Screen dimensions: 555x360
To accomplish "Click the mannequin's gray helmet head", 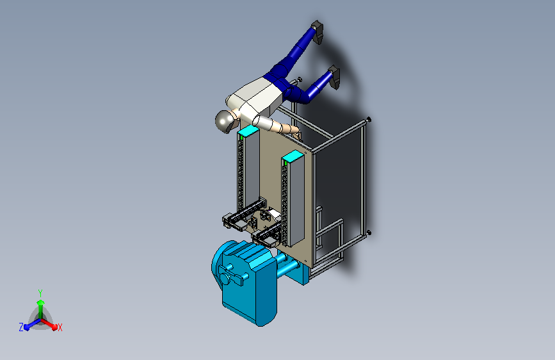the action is pyautogui.click(x=225, y=121).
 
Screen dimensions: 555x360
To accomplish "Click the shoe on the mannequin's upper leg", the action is pyautogui.click(x=318, y=31).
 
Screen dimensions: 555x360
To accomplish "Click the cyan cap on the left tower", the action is pyautogui.click(x=248, y=130).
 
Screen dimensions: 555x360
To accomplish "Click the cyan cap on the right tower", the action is pyautogui.click(x=293, y=156).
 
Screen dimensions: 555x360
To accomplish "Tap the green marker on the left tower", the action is pyautogui.click(x=241, y=137).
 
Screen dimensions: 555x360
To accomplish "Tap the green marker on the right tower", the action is pyautogui.click(x=286, y=162).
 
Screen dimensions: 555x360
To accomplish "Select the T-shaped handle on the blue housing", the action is pyautogui.click(x=232, y=275).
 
